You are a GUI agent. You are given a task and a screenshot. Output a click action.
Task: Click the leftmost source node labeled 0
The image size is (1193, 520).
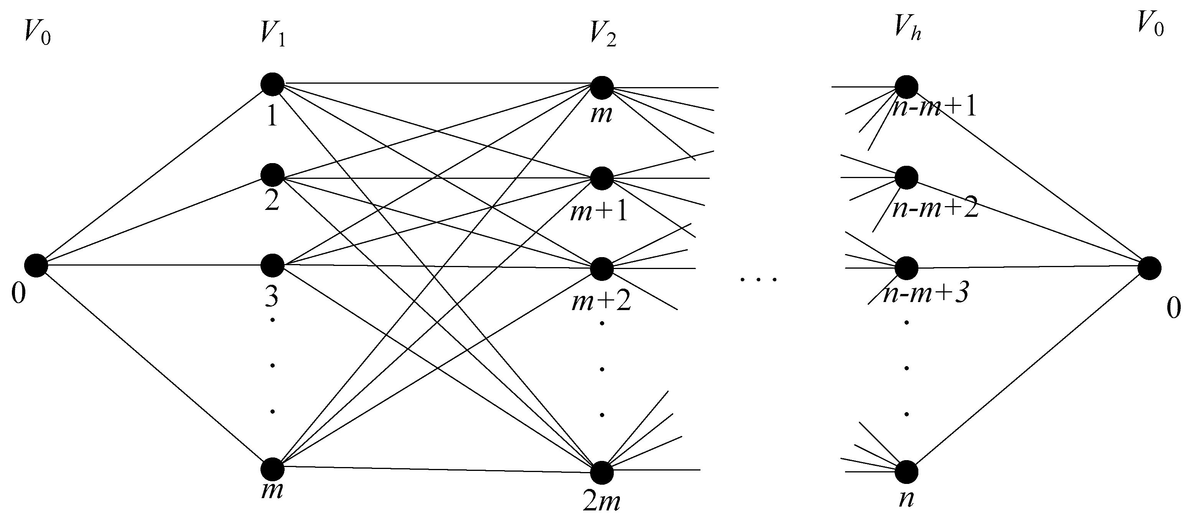click(36, 266)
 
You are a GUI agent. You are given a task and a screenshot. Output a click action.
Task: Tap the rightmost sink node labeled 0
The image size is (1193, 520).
click(1149, 268)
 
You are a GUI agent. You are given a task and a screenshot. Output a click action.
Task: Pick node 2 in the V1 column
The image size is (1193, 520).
click(272, 175)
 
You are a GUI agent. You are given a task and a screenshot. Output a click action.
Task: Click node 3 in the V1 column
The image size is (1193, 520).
click(272, 266)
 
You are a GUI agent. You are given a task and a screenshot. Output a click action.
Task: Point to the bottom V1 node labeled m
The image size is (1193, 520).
click(272, 469)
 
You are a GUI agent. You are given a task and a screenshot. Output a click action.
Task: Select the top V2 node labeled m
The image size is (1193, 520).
click(601, 87)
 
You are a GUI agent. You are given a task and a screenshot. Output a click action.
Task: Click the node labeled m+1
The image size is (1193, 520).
click(601, 178)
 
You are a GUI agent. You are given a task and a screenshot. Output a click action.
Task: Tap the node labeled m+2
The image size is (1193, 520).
click(601, 269)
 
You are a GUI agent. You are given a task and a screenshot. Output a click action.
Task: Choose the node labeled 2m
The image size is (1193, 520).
click(601, 472)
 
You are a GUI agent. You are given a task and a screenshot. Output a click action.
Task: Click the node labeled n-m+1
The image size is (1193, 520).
click(906, 87)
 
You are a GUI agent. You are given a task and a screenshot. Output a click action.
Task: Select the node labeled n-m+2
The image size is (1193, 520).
click(906, 178)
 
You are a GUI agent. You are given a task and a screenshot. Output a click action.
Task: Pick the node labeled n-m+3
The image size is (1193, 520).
click(906, 268)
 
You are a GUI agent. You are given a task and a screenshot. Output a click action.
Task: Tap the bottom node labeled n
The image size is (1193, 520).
click(906, 472)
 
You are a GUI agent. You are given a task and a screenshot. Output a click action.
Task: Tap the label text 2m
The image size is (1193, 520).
click(601, 502)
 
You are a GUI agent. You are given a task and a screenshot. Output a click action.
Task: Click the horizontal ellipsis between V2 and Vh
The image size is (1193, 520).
click(758, 279)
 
